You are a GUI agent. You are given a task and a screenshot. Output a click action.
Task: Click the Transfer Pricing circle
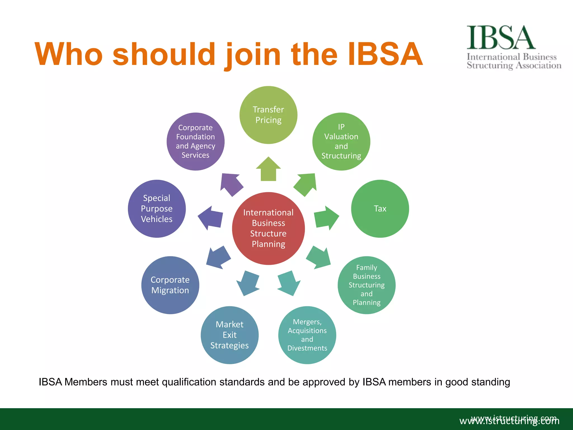[268, 115]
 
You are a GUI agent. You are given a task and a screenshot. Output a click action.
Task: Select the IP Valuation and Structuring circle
[341, 142]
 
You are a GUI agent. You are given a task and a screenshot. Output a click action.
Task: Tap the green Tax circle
[380, 209]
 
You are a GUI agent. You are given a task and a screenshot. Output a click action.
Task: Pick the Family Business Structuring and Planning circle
[367, 285]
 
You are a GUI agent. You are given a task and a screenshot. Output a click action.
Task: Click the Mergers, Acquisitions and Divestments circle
[307, 335]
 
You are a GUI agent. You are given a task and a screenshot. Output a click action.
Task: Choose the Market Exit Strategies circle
[229, 335]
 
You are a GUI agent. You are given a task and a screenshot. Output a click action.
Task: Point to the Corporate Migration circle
[170, 285]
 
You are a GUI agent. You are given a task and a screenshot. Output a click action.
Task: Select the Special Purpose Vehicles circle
[157, 209]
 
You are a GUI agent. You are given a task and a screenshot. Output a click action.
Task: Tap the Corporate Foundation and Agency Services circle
[196, 142]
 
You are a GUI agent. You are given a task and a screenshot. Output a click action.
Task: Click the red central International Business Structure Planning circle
[268, 228]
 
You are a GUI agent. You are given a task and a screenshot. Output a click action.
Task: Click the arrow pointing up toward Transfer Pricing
[268, 170]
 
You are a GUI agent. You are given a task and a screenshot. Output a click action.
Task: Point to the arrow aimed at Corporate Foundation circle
[231, 184]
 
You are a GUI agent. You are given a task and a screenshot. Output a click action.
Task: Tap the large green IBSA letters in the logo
[501, 38]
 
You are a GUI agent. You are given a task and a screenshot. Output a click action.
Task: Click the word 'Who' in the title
[69, 55]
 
